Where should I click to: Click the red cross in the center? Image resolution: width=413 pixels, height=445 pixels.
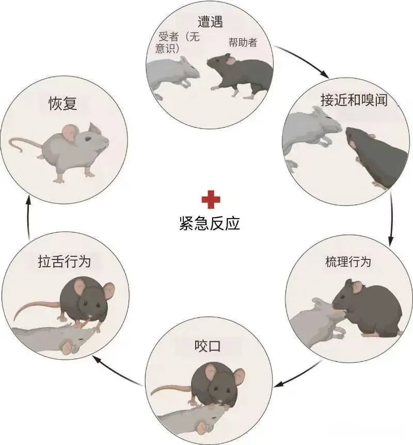(211, 200)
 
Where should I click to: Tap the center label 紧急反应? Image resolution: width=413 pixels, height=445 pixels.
(210, 223)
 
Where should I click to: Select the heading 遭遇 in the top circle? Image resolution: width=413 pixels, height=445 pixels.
(210, 22)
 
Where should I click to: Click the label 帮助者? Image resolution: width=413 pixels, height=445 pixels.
(243, 42)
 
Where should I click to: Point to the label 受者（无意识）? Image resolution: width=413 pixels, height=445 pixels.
(178, 42)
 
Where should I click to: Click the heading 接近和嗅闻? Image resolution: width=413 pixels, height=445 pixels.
(354, 100)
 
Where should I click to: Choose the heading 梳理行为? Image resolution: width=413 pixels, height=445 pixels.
(348, 262)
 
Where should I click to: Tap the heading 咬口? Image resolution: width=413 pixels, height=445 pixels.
(208, 346)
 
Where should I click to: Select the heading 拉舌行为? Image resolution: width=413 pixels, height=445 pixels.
(65, 262)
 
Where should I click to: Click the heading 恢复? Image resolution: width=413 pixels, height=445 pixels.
(62, 103)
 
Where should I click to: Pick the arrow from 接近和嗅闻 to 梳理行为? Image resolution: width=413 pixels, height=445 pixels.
(391, 219)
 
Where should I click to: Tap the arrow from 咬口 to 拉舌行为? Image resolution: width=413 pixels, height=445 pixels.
(117, 371)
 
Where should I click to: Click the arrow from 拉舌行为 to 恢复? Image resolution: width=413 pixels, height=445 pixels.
(28, 217)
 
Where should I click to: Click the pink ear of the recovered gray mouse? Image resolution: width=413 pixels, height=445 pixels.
(70, 133)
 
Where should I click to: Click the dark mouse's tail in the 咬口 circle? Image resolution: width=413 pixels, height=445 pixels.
(171, 389)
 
